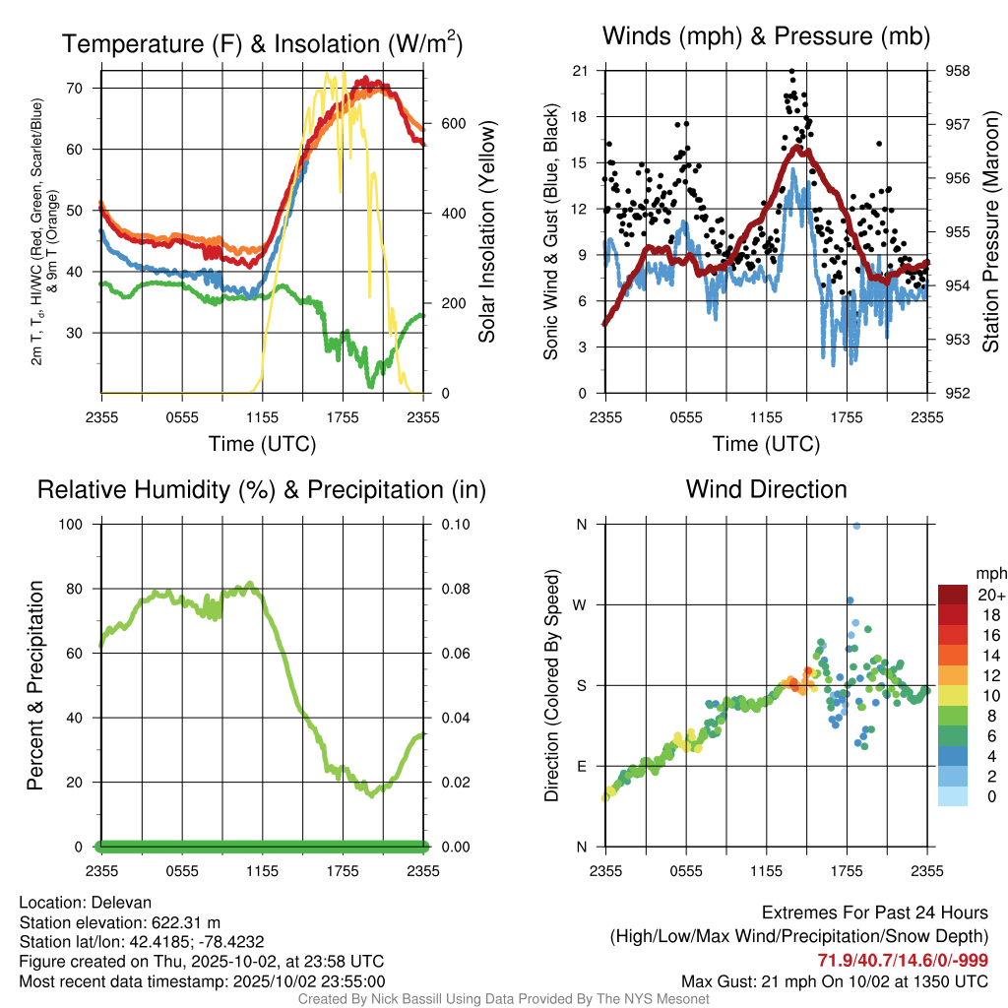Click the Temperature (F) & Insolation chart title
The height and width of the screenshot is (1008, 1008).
[x=262, y=44]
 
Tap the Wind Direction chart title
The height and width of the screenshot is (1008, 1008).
[x=766, y=489]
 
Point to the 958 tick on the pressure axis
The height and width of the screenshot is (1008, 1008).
[x=957, y=71]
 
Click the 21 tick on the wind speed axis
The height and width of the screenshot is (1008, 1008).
[x=580, y=71]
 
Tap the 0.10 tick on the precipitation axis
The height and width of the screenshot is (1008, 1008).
[x=454, y=525]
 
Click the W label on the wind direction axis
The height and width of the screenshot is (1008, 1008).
[x=580, y=605]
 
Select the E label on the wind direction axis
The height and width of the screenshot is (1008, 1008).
[x=581, y=767]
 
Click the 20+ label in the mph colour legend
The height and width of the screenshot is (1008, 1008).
[x=989, y=596]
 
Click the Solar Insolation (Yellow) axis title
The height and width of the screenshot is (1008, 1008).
[x=487, y=232]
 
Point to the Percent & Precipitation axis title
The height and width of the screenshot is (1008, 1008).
[x=34, y=685]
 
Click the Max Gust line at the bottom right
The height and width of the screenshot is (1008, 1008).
[x=835, y=981]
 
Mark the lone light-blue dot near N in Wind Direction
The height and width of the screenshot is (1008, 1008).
[x=856, y=526]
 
